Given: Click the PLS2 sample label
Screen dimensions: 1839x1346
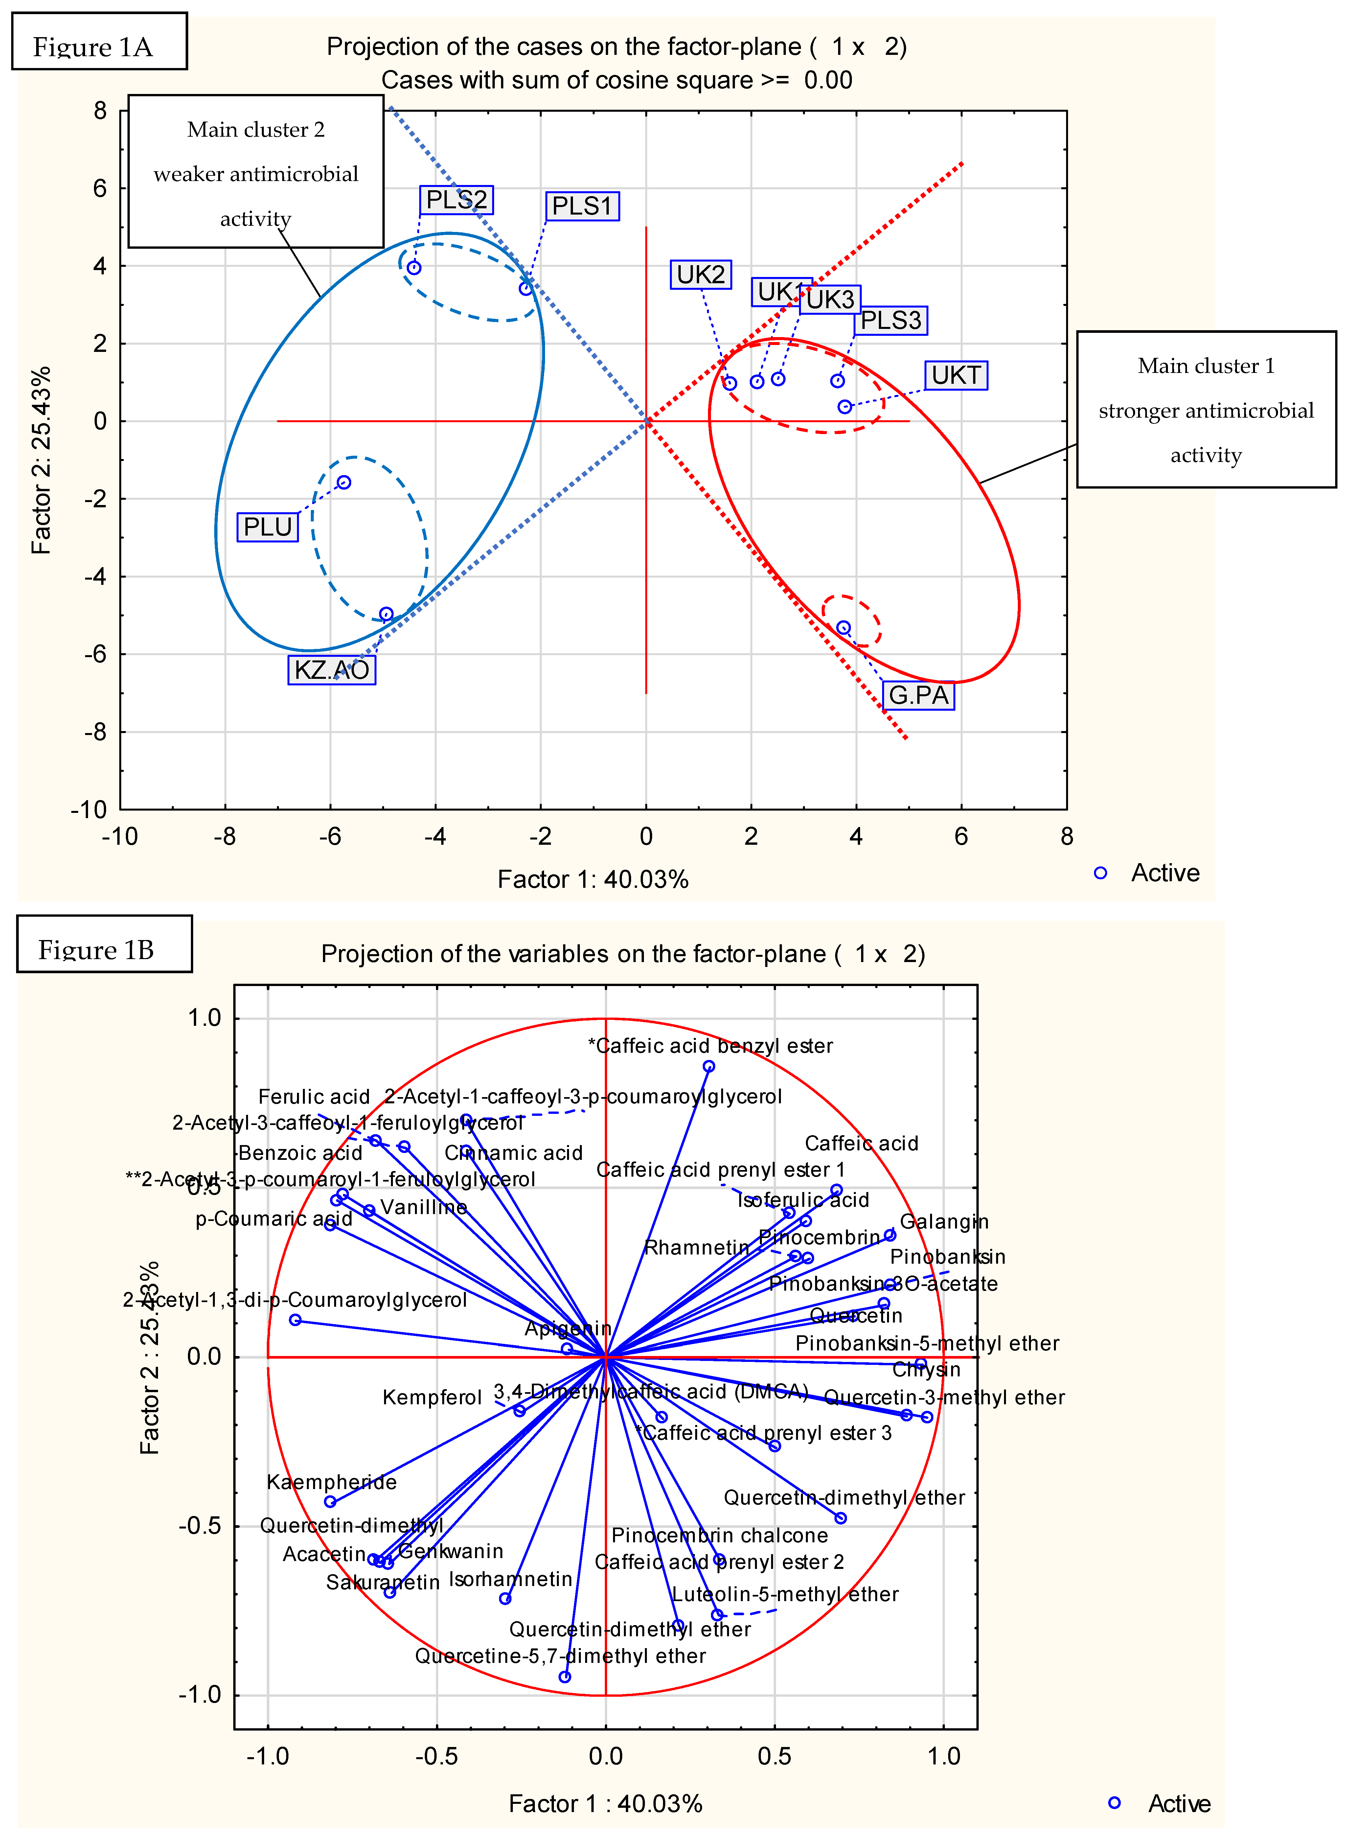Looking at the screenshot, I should [456, 200].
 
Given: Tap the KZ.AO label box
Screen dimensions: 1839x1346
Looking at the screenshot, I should [331, 670].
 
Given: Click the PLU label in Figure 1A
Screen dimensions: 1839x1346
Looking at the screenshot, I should [267, 527].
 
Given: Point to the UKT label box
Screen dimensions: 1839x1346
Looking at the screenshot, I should [956, 376].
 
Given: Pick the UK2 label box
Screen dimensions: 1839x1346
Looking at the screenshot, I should [701, 275].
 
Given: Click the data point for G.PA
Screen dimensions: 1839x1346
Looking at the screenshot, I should [843, 627].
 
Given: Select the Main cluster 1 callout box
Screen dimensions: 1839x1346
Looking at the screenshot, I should [1206, 410].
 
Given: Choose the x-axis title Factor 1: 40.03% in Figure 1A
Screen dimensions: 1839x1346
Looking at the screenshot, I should [593, 879].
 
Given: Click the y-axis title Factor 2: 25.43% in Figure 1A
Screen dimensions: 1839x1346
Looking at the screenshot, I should [41, 460].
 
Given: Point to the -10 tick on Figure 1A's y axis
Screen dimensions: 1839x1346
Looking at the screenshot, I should [90, 809].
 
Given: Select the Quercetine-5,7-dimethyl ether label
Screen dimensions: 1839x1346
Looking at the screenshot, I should [560, 1656].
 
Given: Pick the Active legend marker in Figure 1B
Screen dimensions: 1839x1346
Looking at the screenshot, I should [1114, 1803].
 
